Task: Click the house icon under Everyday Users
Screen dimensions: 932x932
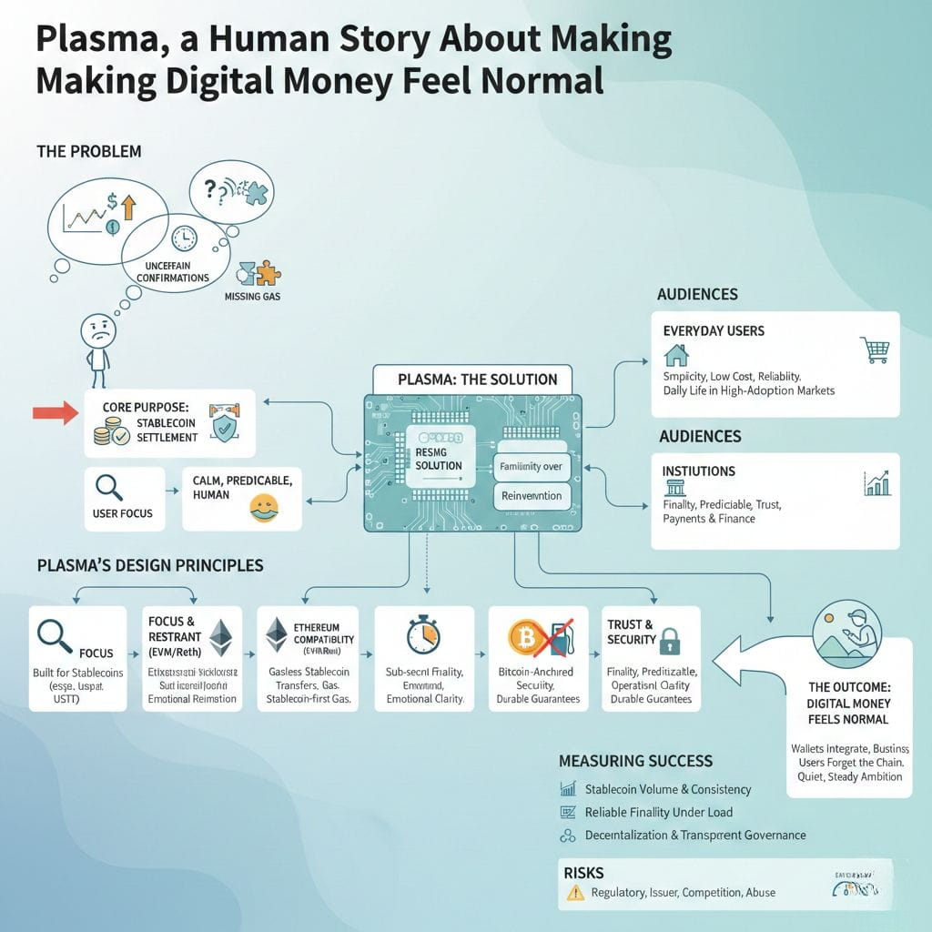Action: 676,354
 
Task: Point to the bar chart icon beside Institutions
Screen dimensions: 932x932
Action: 876,483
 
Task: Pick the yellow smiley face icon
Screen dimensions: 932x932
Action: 263,507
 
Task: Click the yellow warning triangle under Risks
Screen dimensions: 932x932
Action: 575,892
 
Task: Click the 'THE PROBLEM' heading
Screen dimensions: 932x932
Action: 89,151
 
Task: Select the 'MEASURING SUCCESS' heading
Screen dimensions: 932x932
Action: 635,760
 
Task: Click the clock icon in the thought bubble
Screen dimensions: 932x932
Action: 183,238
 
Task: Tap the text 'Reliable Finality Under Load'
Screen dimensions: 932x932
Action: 658,812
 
